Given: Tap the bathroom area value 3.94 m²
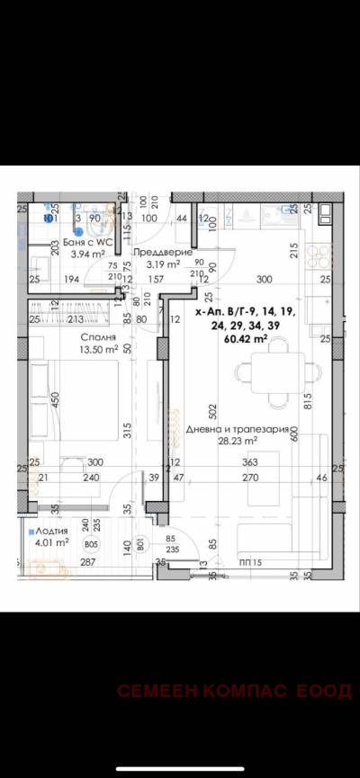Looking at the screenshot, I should click(x=65, y=255).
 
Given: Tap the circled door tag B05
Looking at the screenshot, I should click(x=90, y=544).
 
